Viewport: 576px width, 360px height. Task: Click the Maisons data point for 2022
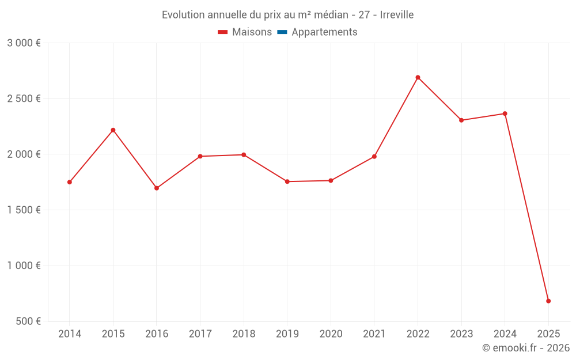(x=418, y=77)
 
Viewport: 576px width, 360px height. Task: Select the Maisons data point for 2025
(x=548, y=301)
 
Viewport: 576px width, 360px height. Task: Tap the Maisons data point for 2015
(x=113, y=130)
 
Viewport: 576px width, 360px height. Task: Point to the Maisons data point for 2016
(x=157, y=188)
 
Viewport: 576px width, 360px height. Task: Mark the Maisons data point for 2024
(x=505, y=113)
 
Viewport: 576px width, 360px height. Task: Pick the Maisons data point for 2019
(x=287, y=181)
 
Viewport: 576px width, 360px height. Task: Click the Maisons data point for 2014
(x=70, y=182)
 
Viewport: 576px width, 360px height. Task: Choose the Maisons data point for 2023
(x=461, y=120)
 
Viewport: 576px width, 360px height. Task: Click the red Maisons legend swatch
(x=223, y=32)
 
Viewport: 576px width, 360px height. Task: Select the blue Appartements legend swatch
(x=282, y=32)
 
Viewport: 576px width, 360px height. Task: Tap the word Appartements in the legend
(x=324, y=32)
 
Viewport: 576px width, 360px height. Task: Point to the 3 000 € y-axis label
(x=24, y=43)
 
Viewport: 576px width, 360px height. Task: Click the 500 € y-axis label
(x=28, y=321)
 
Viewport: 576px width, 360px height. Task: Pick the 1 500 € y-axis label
(x=24, y=210)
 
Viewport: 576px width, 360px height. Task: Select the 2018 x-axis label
(x=244, y=334)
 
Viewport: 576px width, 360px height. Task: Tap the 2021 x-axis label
(x=374, y=334)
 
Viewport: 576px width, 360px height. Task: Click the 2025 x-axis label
(x=548, y=334)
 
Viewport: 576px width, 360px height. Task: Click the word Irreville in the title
(x=397, y=15)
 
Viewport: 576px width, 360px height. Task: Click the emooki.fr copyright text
(x=526, y=348)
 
